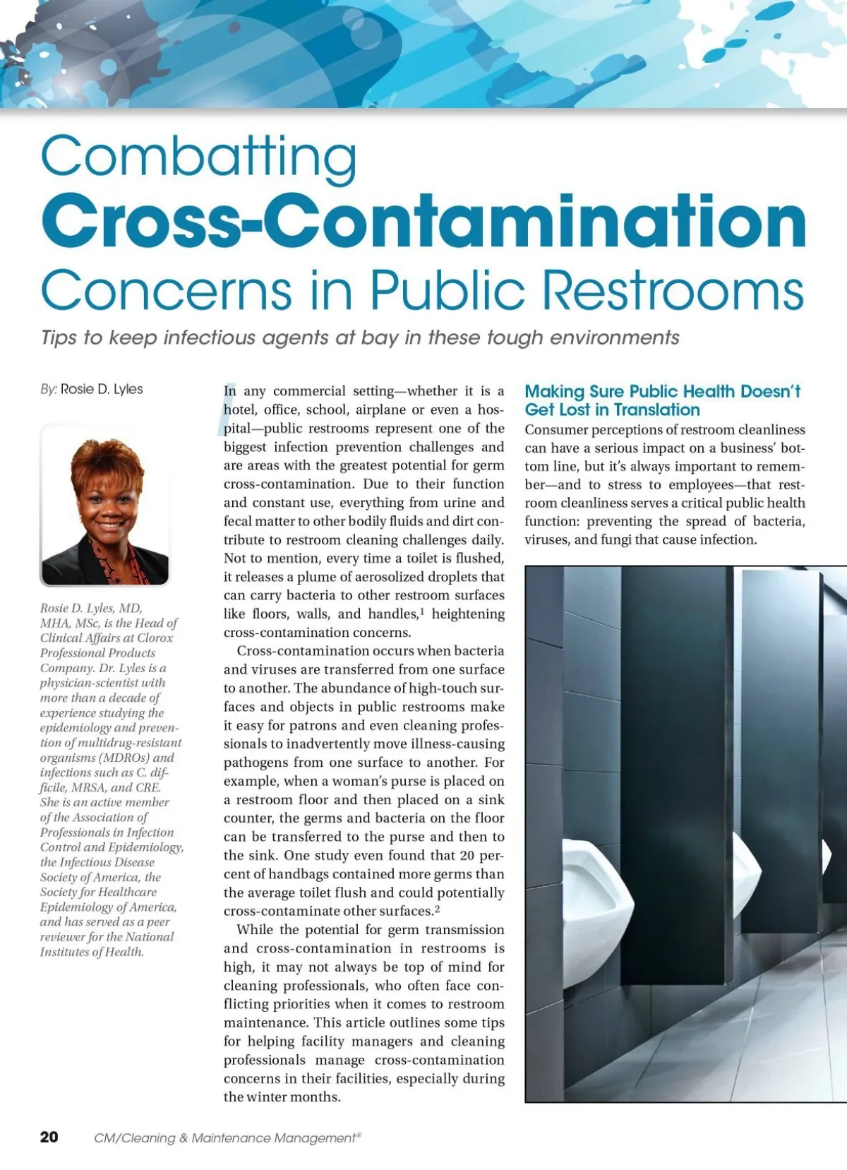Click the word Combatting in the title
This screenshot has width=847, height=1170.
tap(198, 157)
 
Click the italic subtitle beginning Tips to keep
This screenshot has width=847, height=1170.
tap(360, 338)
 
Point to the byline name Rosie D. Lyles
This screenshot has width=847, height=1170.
tap(102, 389)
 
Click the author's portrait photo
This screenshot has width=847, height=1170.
tap(105, 506)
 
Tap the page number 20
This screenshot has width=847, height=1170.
tap(49, 1137)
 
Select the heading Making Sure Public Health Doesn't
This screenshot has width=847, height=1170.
tap(662, 391)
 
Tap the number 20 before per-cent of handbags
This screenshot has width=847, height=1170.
tap(467, 855)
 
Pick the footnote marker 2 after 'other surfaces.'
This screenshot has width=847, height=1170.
tap(438, 908)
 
